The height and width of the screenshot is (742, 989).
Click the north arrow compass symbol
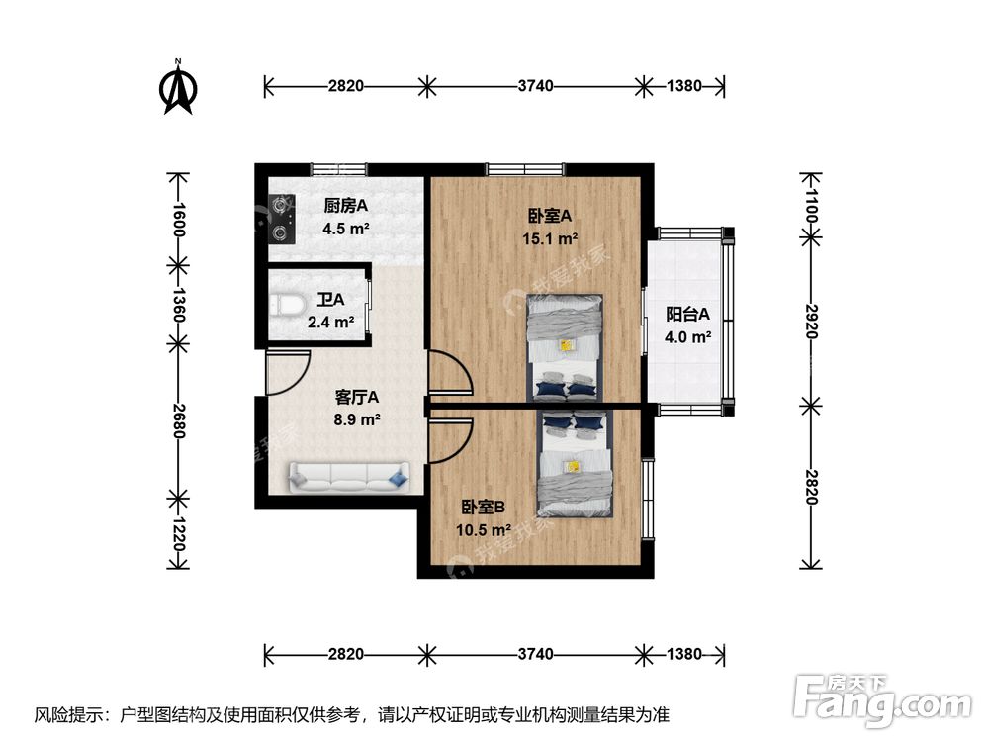[178, 88]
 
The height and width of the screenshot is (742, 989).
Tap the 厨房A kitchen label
[345, 207]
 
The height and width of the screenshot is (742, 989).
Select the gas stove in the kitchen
[284, 219]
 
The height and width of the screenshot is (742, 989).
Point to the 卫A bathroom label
[330, 299]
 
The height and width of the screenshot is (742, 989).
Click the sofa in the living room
[347, 477]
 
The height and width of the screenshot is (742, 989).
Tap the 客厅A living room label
[358, 397]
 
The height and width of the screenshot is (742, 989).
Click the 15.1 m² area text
[552, 238]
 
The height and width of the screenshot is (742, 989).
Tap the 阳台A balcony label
[687, 315]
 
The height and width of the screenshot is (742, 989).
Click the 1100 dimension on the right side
[810, 209]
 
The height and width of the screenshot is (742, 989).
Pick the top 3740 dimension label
[535, 86]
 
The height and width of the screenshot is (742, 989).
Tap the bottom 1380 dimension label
[682, 654]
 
